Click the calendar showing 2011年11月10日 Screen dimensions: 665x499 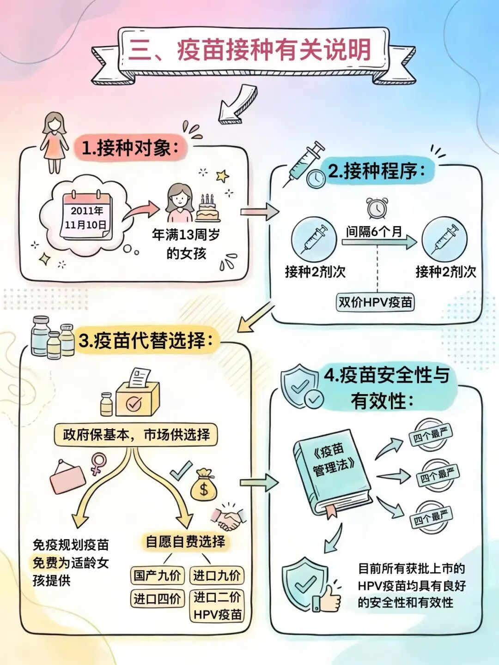(x=86, y=216)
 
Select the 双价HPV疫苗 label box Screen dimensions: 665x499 (x=375, y=302)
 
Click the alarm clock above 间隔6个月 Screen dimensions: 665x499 (x=377, y=208)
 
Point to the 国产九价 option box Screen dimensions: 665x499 (x=157, y=575)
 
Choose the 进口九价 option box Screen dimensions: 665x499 (x=217, y=575)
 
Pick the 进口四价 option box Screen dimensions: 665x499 (x=157, y=599)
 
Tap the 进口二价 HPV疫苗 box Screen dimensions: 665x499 (x=217, y=606)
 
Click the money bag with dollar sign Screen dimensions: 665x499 (x=203, y=485)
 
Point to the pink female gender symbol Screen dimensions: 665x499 (x=97, y=463)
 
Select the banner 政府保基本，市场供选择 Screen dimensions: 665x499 (x=136, y=435)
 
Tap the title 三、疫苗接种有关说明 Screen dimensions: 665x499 (x=250, y=50)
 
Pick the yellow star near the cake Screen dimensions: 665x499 (x=223, y=176)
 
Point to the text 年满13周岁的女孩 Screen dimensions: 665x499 (x=186, y=244)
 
